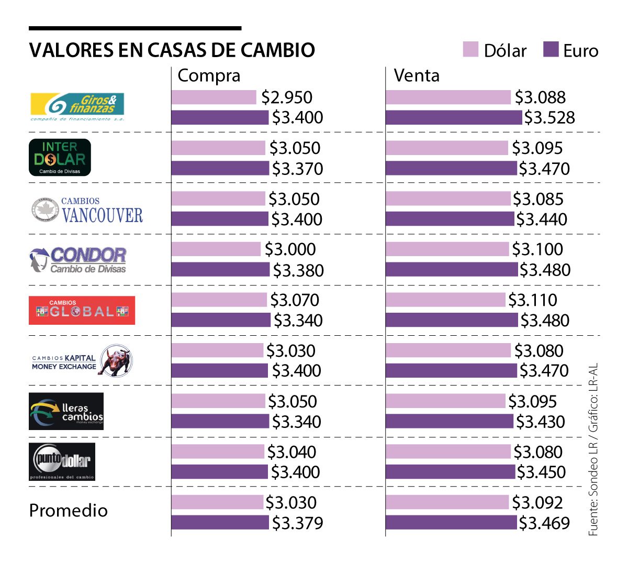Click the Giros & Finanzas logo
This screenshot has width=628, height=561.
77,106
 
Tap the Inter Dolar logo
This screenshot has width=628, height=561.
60,157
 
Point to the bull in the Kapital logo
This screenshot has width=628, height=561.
116,360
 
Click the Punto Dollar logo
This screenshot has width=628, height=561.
62,461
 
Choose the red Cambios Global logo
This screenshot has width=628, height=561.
82,310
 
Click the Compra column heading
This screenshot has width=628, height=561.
209,75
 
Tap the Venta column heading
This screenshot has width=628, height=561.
417,75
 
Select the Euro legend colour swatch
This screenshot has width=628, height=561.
551,49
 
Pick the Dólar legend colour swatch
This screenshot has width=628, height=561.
470,49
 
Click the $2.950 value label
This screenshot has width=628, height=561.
287,97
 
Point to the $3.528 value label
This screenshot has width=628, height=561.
549,118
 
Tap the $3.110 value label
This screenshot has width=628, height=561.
533,300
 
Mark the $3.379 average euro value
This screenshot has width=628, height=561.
297,523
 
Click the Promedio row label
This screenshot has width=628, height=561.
68,510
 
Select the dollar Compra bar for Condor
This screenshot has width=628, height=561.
216,249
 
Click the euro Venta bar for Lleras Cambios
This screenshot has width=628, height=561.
450,421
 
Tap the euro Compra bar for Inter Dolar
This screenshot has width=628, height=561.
220,168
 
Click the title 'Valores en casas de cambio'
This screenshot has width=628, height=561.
172,50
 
